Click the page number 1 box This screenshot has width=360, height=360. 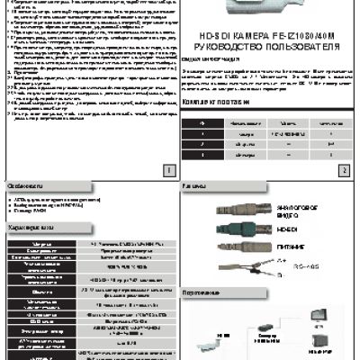coord(168,168)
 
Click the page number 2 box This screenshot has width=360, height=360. coord(344,168)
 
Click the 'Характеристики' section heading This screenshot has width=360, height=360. coord(36,229)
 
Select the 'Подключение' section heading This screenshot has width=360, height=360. coord(208,293)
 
